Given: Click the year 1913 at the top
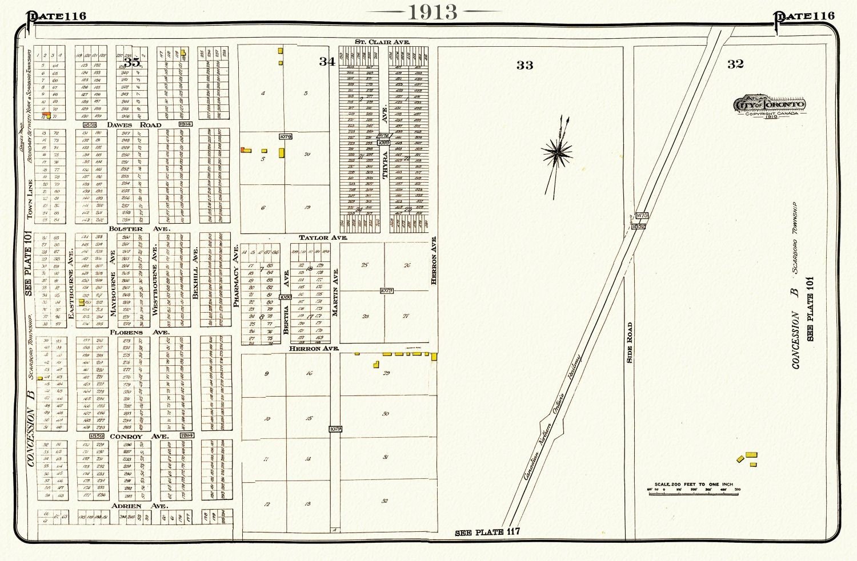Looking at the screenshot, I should pos(432,11).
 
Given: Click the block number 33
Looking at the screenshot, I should pos(524,65).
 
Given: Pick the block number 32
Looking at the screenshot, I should pos(735,64).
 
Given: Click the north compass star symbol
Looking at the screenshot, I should pos(557,152).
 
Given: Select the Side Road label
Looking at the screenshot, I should pos(630,342).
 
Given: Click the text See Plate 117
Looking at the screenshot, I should pos(487,532).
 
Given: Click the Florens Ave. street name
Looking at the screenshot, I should pos(141,332).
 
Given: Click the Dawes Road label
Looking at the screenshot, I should pos(134,124).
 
